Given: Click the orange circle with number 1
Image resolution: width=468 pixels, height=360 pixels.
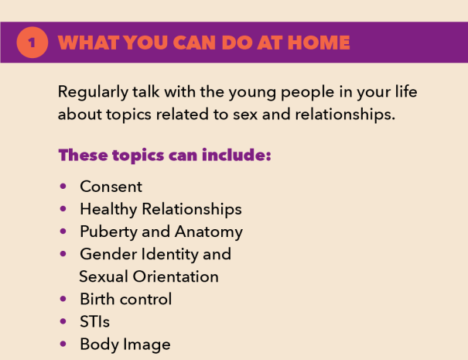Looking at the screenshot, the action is tap(32, 43).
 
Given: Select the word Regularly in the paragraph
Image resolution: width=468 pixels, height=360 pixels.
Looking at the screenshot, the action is tap(93, 92).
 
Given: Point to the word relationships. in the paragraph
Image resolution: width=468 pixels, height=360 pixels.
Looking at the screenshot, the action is tap(345, 115).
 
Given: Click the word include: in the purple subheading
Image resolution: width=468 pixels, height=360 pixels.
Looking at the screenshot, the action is tap(237, 155).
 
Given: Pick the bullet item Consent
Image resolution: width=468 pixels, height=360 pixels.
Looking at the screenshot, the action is tap(111, 187).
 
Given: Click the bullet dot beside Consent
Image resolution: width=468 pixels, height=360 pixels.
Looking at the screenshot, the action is tap(63, 187).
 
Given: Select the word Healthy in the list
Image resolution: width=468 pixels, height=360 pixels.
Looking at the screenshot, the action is tap(108, 209).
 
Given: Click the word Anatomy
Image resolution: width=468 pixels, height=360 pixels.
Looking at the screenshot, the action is tap(209, 232).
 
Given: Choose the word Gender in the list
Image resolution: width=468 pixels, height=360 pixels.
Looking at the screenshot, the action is tap(108, 254).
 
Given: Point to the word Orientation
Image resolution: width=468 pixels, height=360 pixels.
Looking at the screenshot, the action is tap(176, 276).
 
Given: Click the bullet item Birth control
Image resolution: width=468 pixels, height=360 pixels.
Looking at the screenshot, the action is tap(126, 299).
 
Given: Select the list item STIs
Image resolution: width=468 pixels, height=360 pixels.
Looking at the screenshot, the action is tap(94, 322).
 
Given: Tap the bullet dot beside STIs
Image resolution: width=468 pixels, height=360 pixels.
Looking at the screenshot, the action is tap(63, 321).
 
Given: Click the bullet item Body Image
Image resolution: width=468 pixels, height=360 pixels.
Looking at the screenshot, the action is tap(125, 345).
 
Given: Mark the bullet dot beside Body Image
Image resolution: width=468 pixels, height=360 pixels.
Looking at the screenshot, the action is tap(63, 344).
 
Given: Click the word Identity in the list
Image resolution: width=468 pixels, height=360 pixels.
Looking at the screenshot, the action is tap(169, 255).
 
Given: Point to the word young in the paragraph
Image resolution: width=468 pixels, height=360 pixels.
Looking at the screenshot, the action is tap(252, 93).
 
